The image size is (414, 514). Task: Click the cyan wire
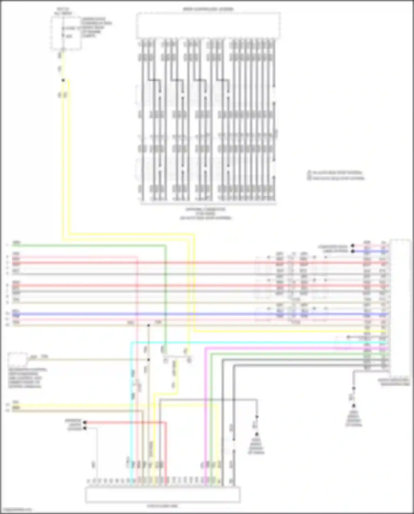pos(248,343)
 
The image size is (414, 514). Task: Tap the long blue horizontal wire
pos(193,314)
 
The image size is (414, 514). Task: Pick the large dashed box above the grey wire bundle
pos(208,25)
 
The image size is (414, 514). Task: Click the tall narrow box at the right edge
pos(399,307)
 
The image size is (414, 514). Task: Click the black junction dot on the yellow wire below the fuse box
pos(63,80)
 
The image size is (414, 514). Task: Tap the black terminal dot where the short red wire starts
pos(85,422)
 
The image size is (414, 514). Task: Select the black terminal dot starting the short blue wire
pos(352,251)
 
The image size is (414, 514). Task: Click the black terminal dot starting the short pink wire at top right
pos(352,246)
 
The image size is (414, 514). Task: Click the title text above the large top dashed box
pos(208,9)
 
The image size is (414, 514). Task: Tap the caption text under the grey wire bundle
pos(206,213)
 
